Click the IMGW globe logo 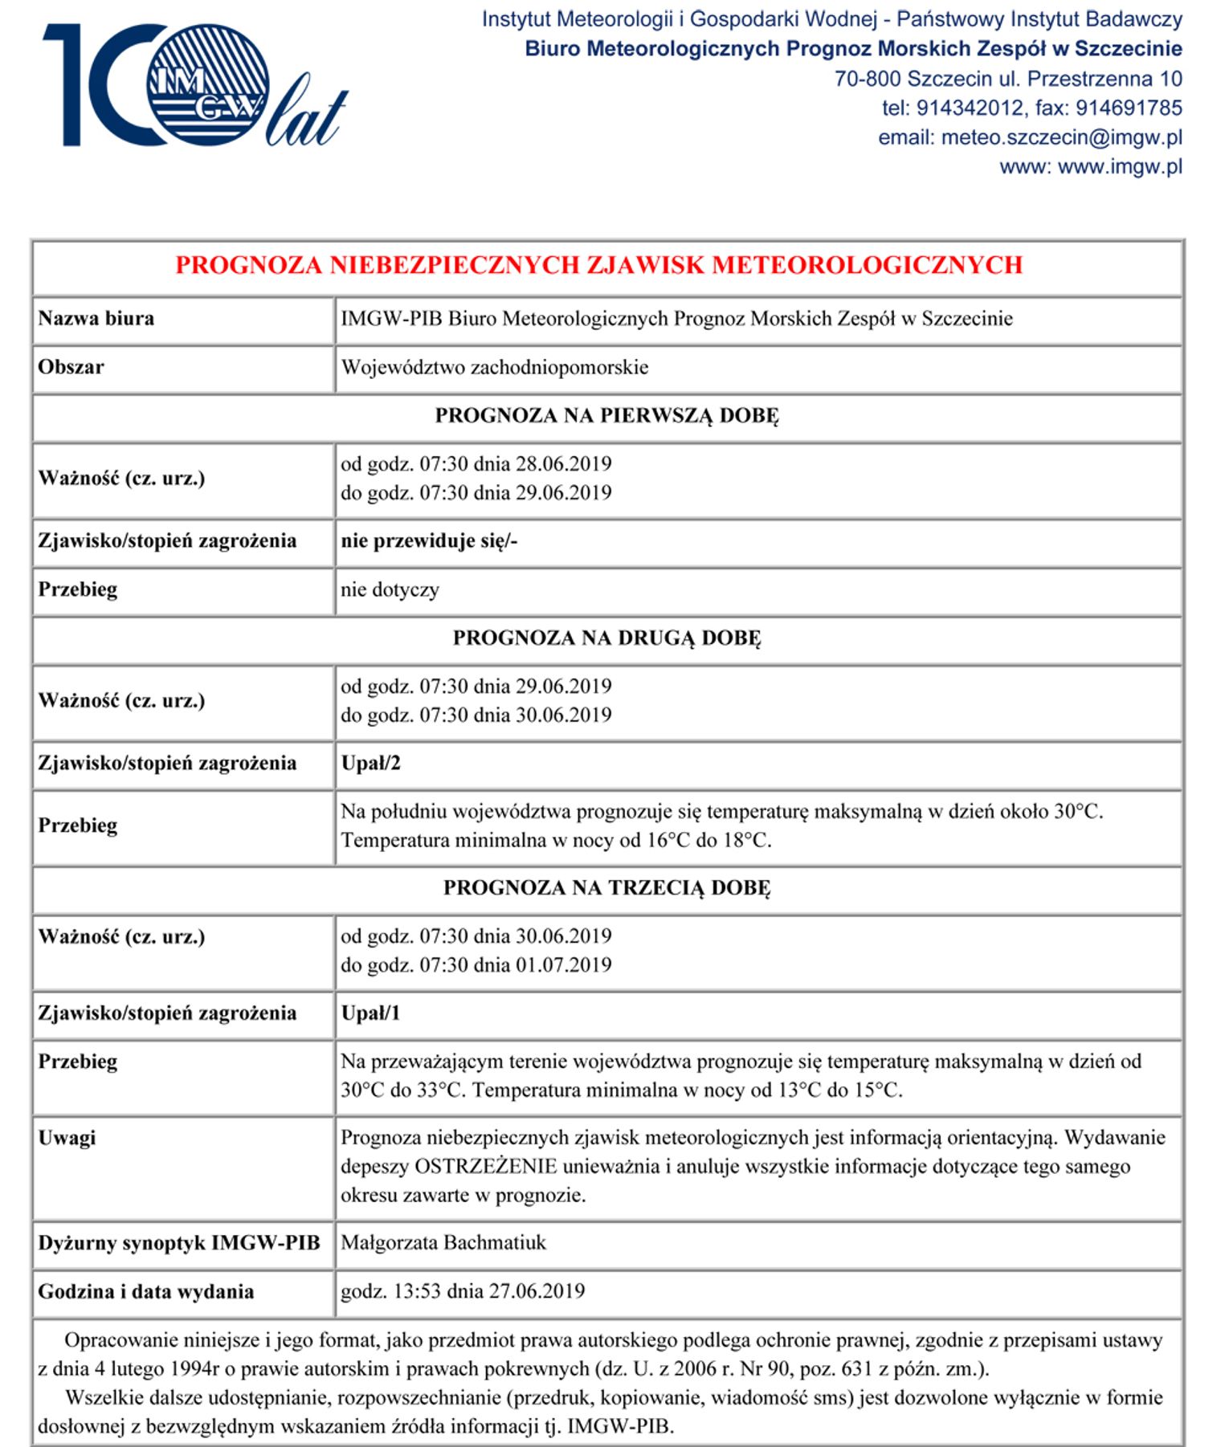pyautogui.click(x=207, y=84)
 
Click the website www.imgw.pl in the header pyautogui.click(x=1120, y=167)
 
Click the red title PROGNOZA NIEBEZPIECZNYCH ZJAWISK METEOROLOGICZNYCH pyautogui.click(x=598, y=265)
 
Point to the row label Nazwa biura pyautogui.click(x=96, y=319)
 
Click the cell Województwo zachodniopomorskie pyautogui.click(x=494, y=368)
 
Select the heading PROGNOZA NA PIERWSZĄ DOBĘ pyautogui.click(x=606, y=416)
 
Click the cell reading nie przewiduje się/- pyautogui.click(x=429, y=541)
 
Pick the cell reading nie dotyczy pyautogui.click(x=390, y=590)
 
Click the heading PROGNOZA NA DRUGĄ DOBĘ pyautogui.click(x=606, y=638)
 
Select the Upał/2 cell pyautogui.click(x=370, y=764)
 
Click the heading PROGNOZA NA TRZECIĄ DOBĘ pyautogui.click(x=606, y=888)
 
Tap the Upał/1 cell pyautogui.click(x=370, y=1013)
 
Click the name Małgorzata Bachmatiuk pyautogui.click(x=443, y=1243)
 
